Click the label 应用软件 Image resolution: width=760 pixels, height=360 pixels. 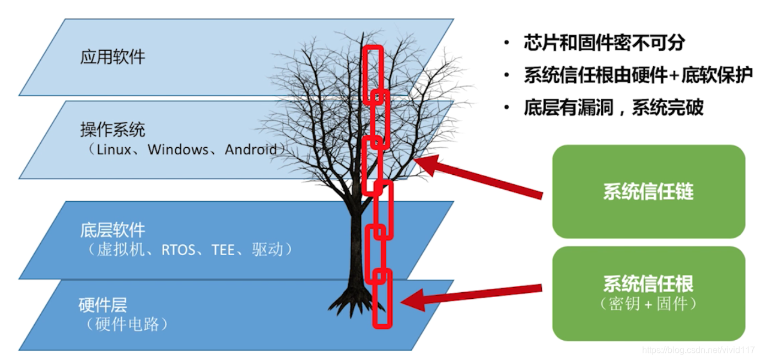112,57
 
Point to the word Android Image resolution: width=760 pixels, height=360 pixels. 251,149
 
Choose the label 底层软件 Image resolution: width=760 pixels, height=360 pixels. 112,230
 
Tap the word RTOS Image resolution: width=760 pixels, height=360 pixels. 178,250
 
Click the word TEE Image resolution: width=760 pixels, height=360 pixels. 223,250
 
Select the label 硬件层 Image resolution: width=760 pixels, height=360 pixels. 103,304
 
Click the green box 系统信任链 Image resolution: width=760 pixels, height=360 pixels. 648,192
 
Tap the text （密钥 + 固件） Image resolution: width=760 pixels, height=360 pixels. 648,304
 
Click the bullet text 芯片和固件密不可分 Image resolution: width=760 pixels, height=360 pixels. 604,43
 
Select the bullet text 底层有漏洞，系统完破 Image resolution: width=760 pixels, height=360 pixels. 613,108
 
